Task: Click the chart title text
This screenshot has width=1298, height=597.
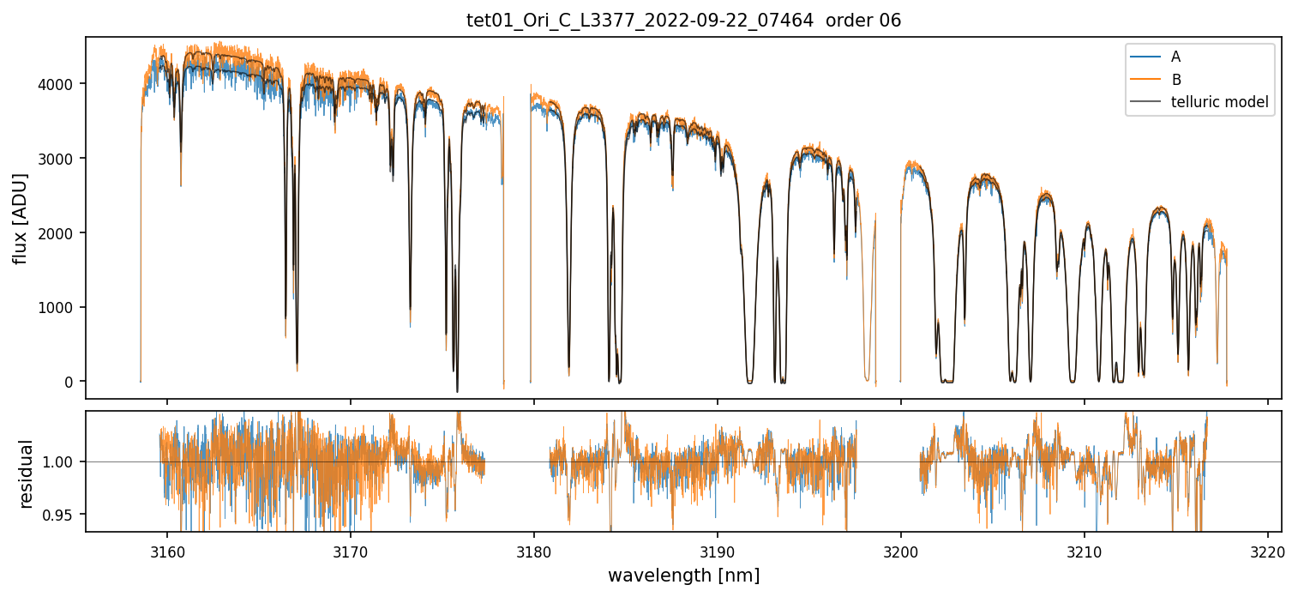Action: click(x=683, y=21)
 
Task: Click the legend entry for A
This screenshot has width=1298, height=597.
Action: click(x=1175, y=57)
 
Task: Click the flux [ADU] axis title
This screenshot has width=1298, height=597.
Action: click(x=20, y=218)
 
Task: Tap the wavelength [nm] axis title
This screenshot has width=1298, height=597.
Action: click(x=683, y=576)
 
